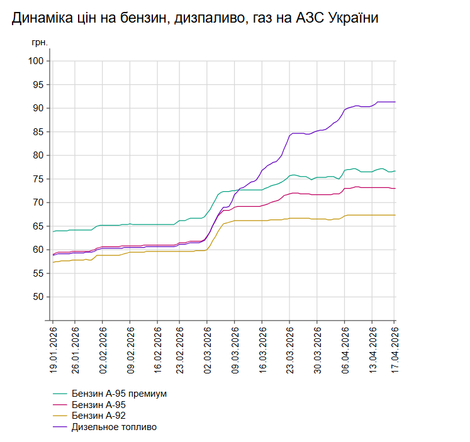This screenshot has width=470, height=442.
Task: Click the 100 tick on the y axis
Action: pyautogui.click(x=36, y=61)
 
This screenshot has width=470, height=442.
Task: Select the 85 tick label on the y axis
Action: pyautogui.click(x=38, y=132)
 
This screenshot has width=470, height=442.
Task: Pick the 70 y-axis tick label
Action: pyautogui.click(x=38, y=202)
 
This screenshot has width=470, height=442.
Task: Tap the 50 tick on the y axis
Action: pyautogui.click(x=38, y=297)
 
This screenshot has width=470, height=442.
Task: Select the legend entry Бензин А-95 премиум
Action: pyautogui.click(x=119, y=394)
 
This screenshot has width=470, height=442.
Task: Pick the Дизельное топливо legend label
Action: pyautogui.click(x=114, y=428)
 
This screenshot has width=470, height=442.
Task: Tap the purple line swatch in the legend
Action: pyautogui.click(x=60, y=428)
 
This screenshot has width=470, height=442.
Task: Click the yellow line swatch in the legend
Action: pyautogui.click(x=60, y=416)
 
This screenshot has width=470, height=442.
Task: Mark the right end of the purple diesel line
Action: pyautogui.click(x=394, y=102)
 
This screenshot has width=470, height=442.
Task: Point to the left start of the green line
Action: pyautogui.click(x=53, y=232)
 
